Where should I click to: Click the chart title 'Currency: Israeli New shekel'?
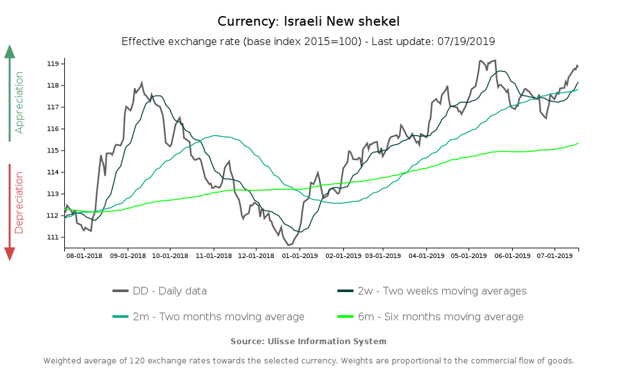click(308, 21)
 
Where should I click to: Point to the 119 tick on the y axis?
click(53, 64)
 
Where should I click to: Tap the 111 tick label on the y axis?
click(53, 237)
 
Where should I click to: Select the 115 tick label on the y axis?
click(53, 151)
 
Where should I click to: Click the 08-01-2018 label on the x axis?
click(84, 255)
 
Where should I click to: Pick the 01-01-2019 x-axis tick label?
click(300, 255)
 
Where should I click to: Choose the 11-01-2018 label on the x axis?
click(213, 255)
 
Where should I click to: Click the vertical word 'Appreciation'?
click(19, 102)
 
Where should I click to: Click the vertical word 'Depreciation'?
click(19, 202)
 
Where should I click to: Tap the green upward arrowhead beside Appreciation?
click(10, 51)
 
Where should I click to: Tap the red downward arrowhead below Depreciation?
click(10, 254)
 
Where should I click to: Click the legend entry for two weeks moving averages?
click(432, 291)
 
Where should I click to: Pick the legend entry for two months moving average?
click(209, 317)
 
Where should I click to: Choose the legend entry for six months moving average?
click(431, 317)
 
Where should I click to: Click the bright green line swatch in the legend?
click(346, 317)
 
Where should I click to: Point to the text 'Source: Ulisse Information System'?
click(308, 341)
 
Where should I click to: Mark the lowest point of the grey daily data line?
click(289, 245)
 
